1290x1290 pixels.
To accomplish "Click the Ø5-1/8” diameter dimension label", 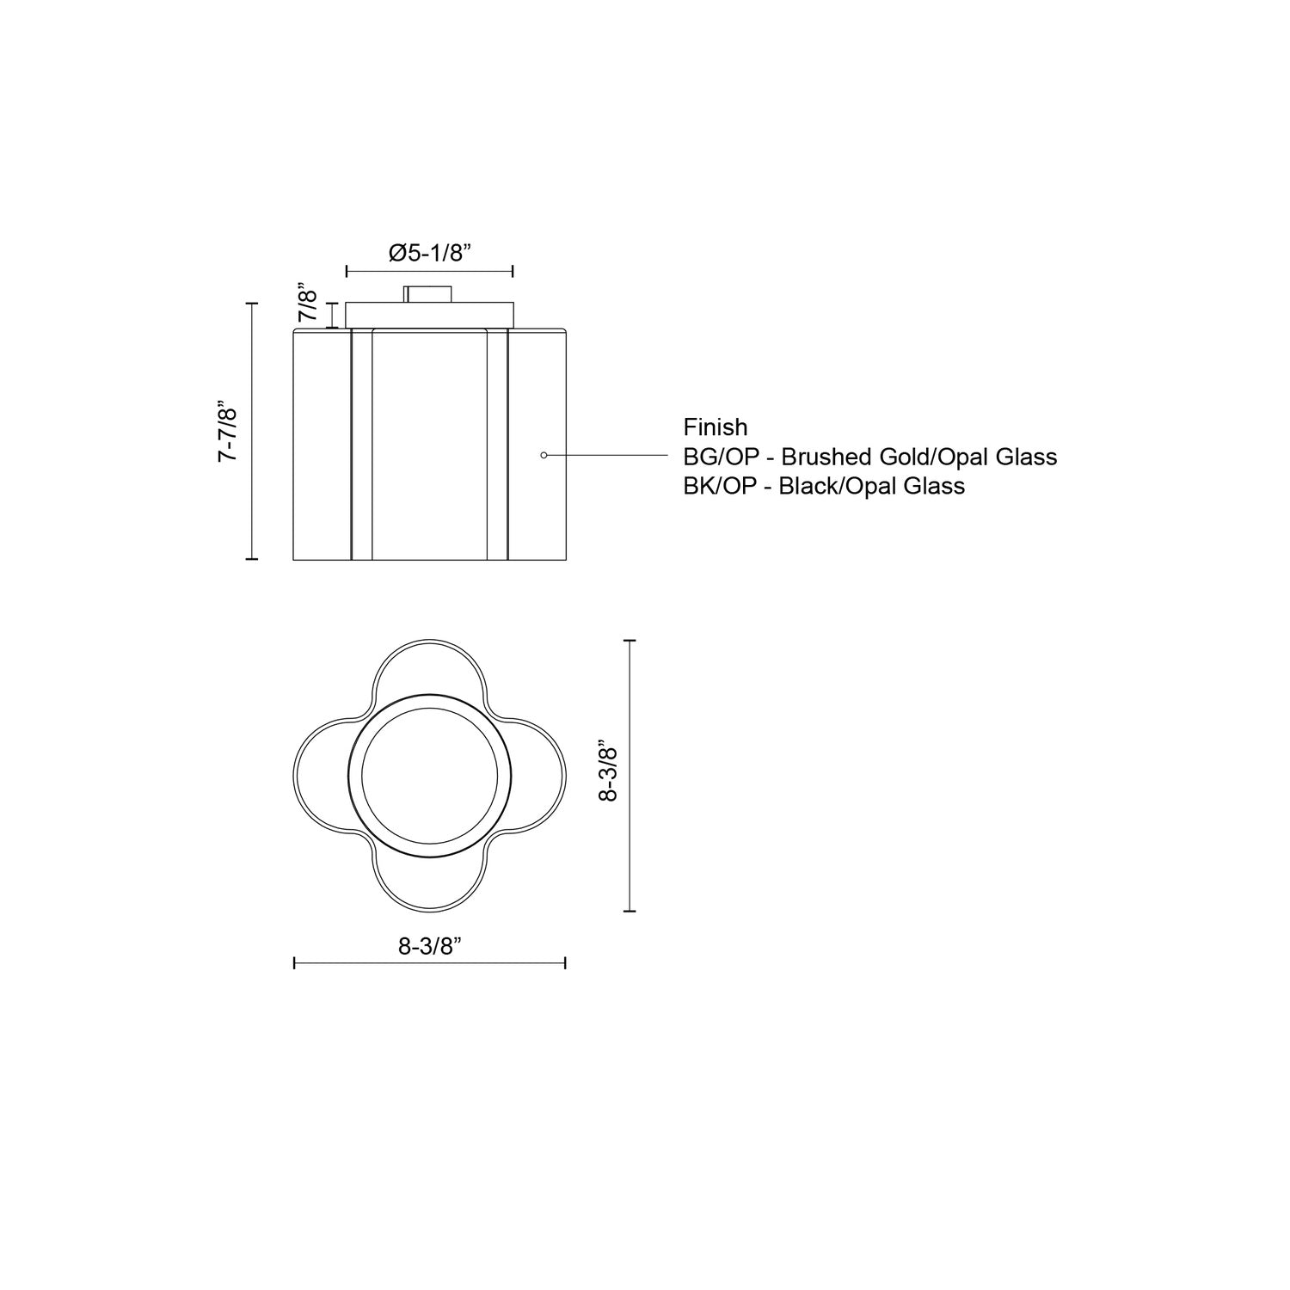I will pyautogui.click(x=431, y=253).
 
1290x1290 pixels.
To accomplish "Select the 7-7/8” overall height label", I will pyautogui.click(x=227, y=431).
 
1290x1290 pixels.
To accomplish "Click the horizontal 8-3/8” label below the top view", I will pyautogui.click(x=431, y=946).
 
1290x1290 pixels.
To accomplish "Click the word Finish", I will pyautogui.click(x=716, y=427).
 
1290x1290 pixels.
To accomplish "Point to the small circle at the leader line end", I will pyautogui.click(x=544, y=454).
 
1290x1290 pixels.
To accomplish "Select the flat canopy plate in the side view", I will pyautogui.click(x=429, y=314).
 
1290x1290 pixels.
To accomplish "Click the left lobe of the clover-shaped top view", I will pyautogui.click(x=322, y=773).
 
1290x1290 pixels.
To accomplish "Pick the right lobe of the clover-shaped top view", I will pyautogui.click(x=538, y=773).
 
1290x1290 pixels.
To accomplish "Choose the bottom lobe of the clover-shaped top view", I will pyautogui.click(x=430, y=881).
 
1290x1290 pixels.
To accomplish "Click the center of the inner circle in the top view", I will pyautogui.click(x=430, y=773).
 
